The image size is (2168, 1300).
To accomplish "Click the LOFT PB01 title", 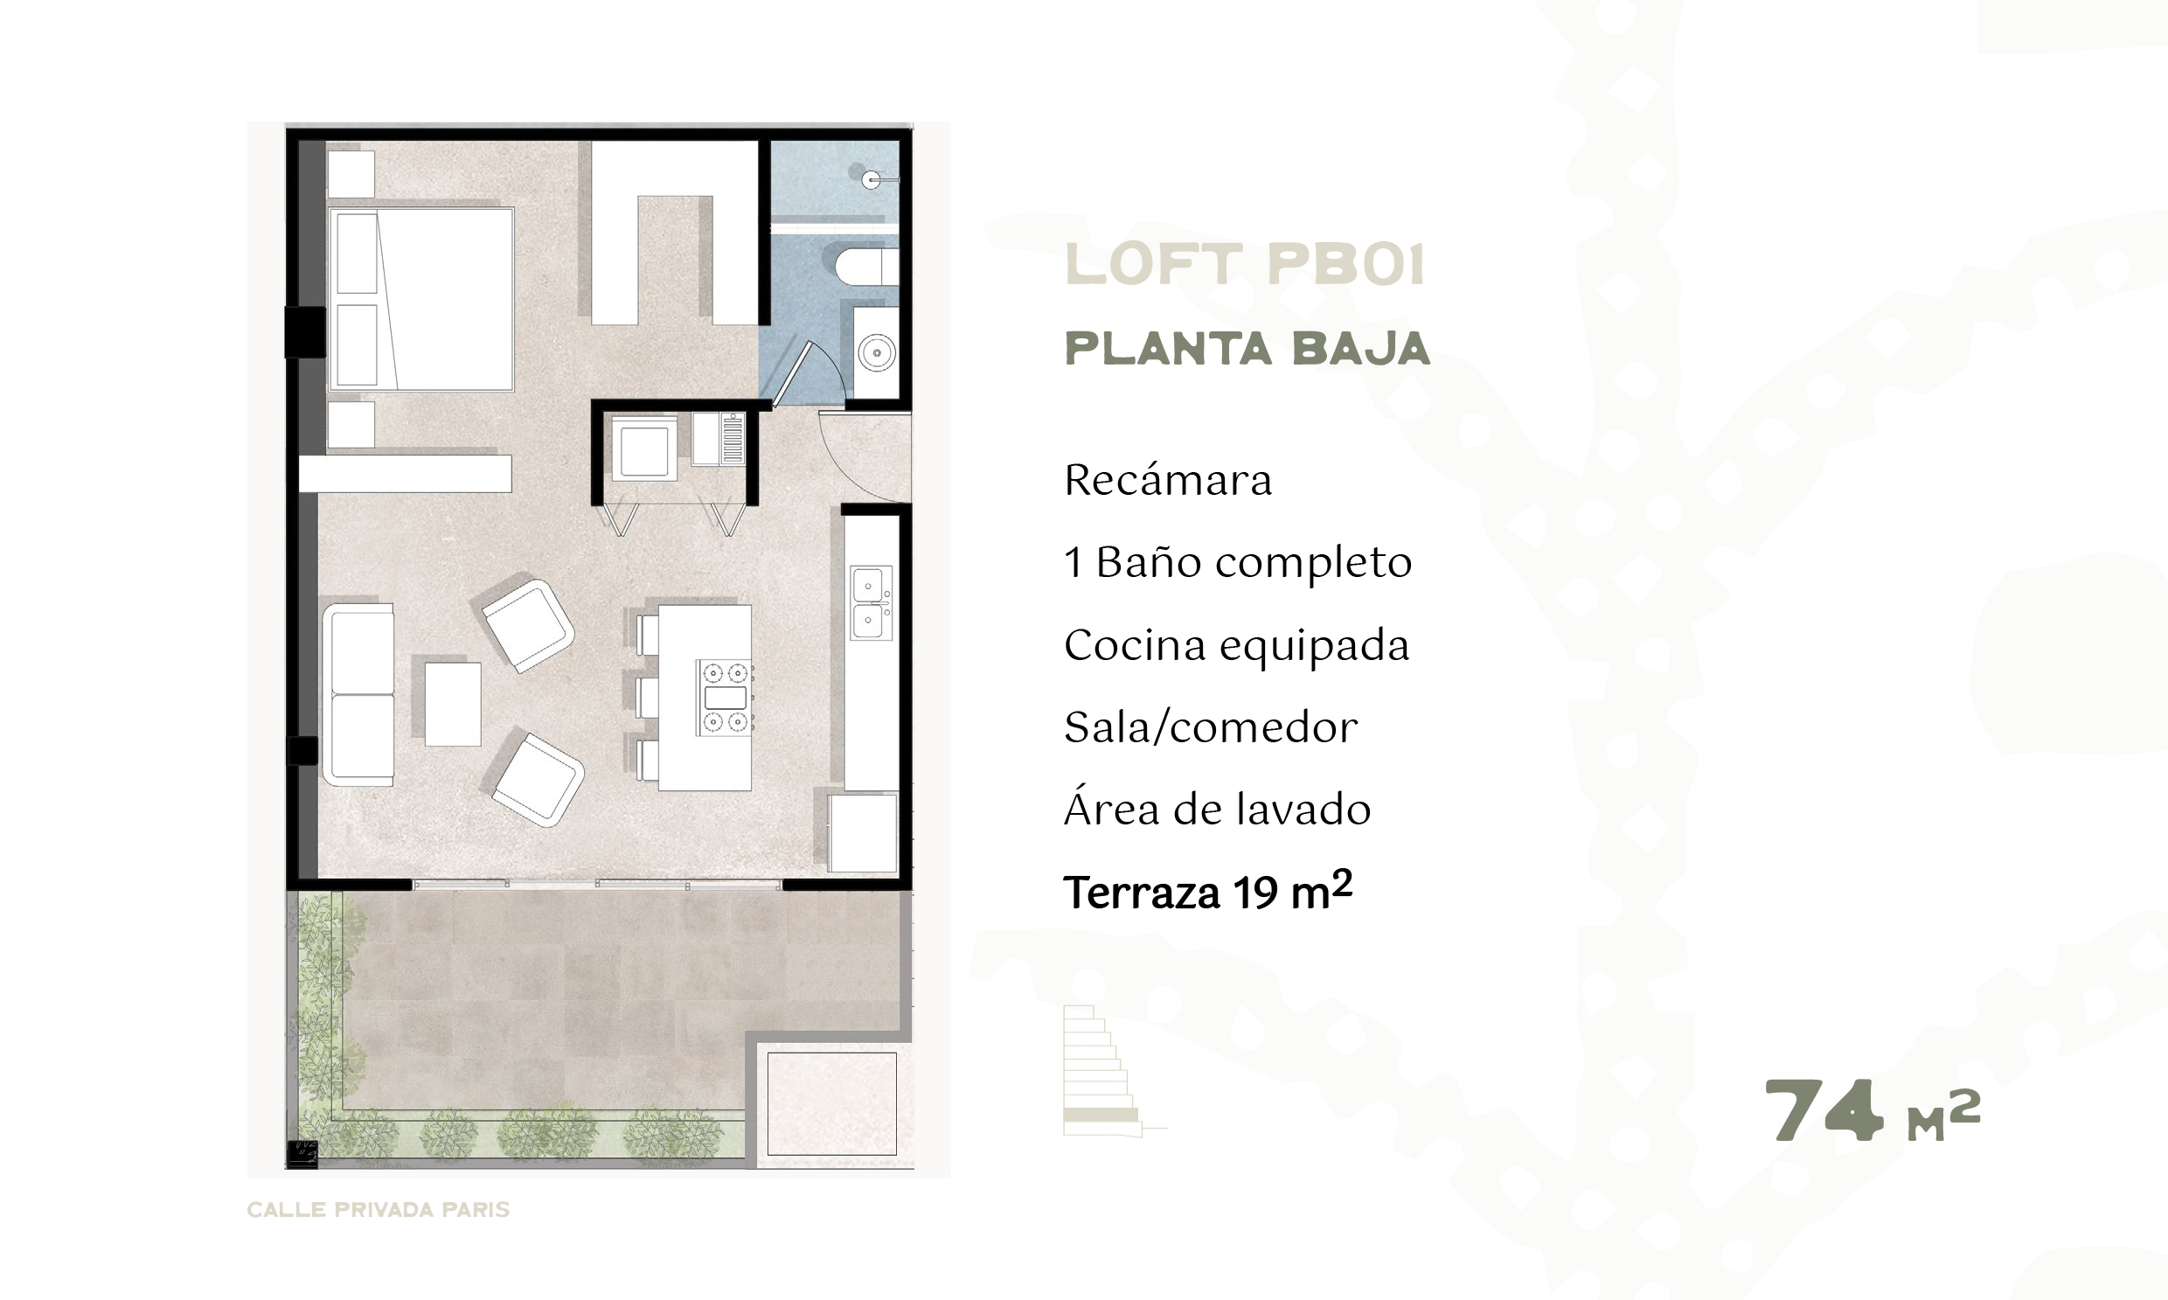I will click(1245, 266).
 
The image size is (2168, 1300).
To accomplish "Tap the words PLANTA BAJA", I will click(1247, 349).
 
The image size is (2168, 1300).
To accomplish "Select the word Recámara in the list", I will click(1168, 481).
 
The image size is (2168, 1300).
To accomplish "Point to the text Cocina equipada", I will click(1236, 646).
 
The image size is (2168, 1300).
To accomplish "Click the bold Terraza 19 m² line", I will click(1208, 893).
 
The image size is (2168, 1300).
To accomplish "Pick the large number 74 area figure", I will click(1823, 1111).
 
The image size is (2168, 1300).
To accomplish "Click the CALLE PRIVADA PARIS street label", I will click(378, 1210).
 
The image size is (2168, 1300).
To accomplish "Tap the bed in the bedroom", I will click(420, 299).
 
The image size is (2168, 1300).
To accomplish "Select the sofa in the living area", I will click(358, 694).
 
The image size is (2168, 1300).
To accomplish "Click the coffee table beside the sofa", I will click(453, 704).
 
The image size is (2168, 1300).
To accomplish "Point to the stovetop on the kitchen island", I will click(725, 698).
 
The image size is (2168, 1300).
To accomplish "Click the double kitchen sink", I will click(871, 602).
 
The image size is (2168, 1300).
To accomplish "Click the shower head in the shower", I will click(872, 179).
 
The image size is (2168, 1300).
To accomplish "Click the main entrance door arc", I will click(863, 455).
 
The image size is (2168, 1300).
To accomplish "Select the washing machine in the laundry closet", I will click(644, 448).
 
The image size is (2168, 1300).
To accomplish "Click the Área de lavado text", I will click(1217, 810).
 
